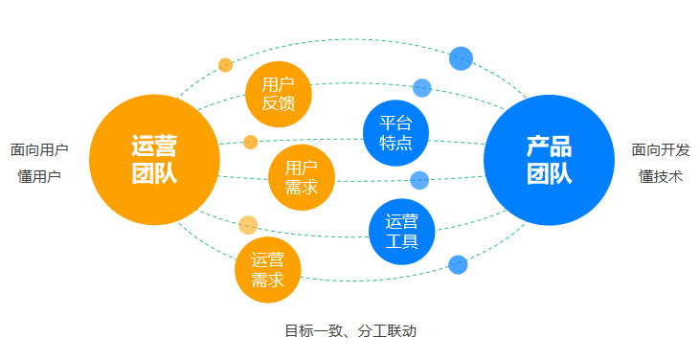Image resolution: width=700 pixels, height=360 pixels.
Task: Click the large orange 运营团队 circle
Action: click(154, 160)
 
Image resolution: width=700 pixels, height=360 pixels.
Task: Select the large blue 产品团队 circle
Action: click(549, 160)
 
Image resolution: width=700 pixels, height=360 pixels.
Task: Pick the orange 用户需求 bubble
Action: click(302, 177)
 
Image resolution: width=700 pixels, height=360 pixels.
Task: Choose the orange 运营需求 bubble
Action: click(267, 269)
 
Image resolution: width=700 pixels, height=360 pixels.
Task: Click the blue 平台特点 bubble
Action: click(395, 132)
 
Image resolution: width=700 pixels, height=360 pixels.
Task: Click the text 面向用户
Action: click(39, 150)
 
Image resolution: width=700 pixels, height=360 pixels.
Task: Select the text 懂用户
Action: click(39, 177)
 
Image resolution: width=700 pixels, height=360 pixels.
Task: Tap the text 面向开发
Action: click(661, 150)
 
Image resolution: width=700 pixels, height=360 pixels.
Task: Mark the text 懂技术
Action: click(661, 177)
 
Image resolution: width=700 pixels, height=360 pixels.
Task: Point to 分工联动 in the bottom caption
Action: click(387, 331)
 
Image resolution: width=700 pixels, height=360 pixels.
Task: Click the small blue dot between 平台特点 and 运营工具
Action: click(419, 180)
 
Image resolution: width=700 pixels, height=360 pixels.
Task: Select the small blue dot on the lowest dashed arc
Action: click(458, 264)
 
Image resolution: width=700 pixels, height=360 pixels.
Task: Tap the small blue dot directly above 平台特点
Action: click(422, 88)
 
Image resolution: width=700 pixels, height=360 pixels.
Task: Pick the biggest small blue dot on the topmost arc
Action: click(462, 58)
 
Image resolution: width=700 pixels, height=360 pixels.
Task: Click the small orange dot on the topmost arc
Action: click(226, 65)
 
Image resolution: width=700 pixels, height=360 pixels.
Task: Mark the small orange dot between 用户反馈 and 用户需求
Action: click(251, 143)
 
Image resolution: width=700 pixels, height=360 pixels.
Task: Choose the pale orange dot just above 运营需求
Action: click(248, 225)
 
